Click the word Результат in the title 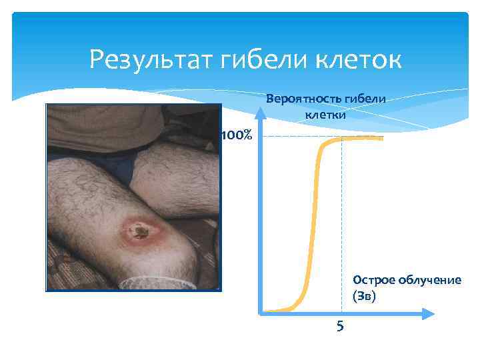point(146,61)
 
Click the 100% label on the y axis point(236,136)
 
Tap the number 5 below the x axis point(340,326)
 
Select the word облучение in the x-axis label point(428,280)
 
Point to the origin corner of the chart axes point(261,311)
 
